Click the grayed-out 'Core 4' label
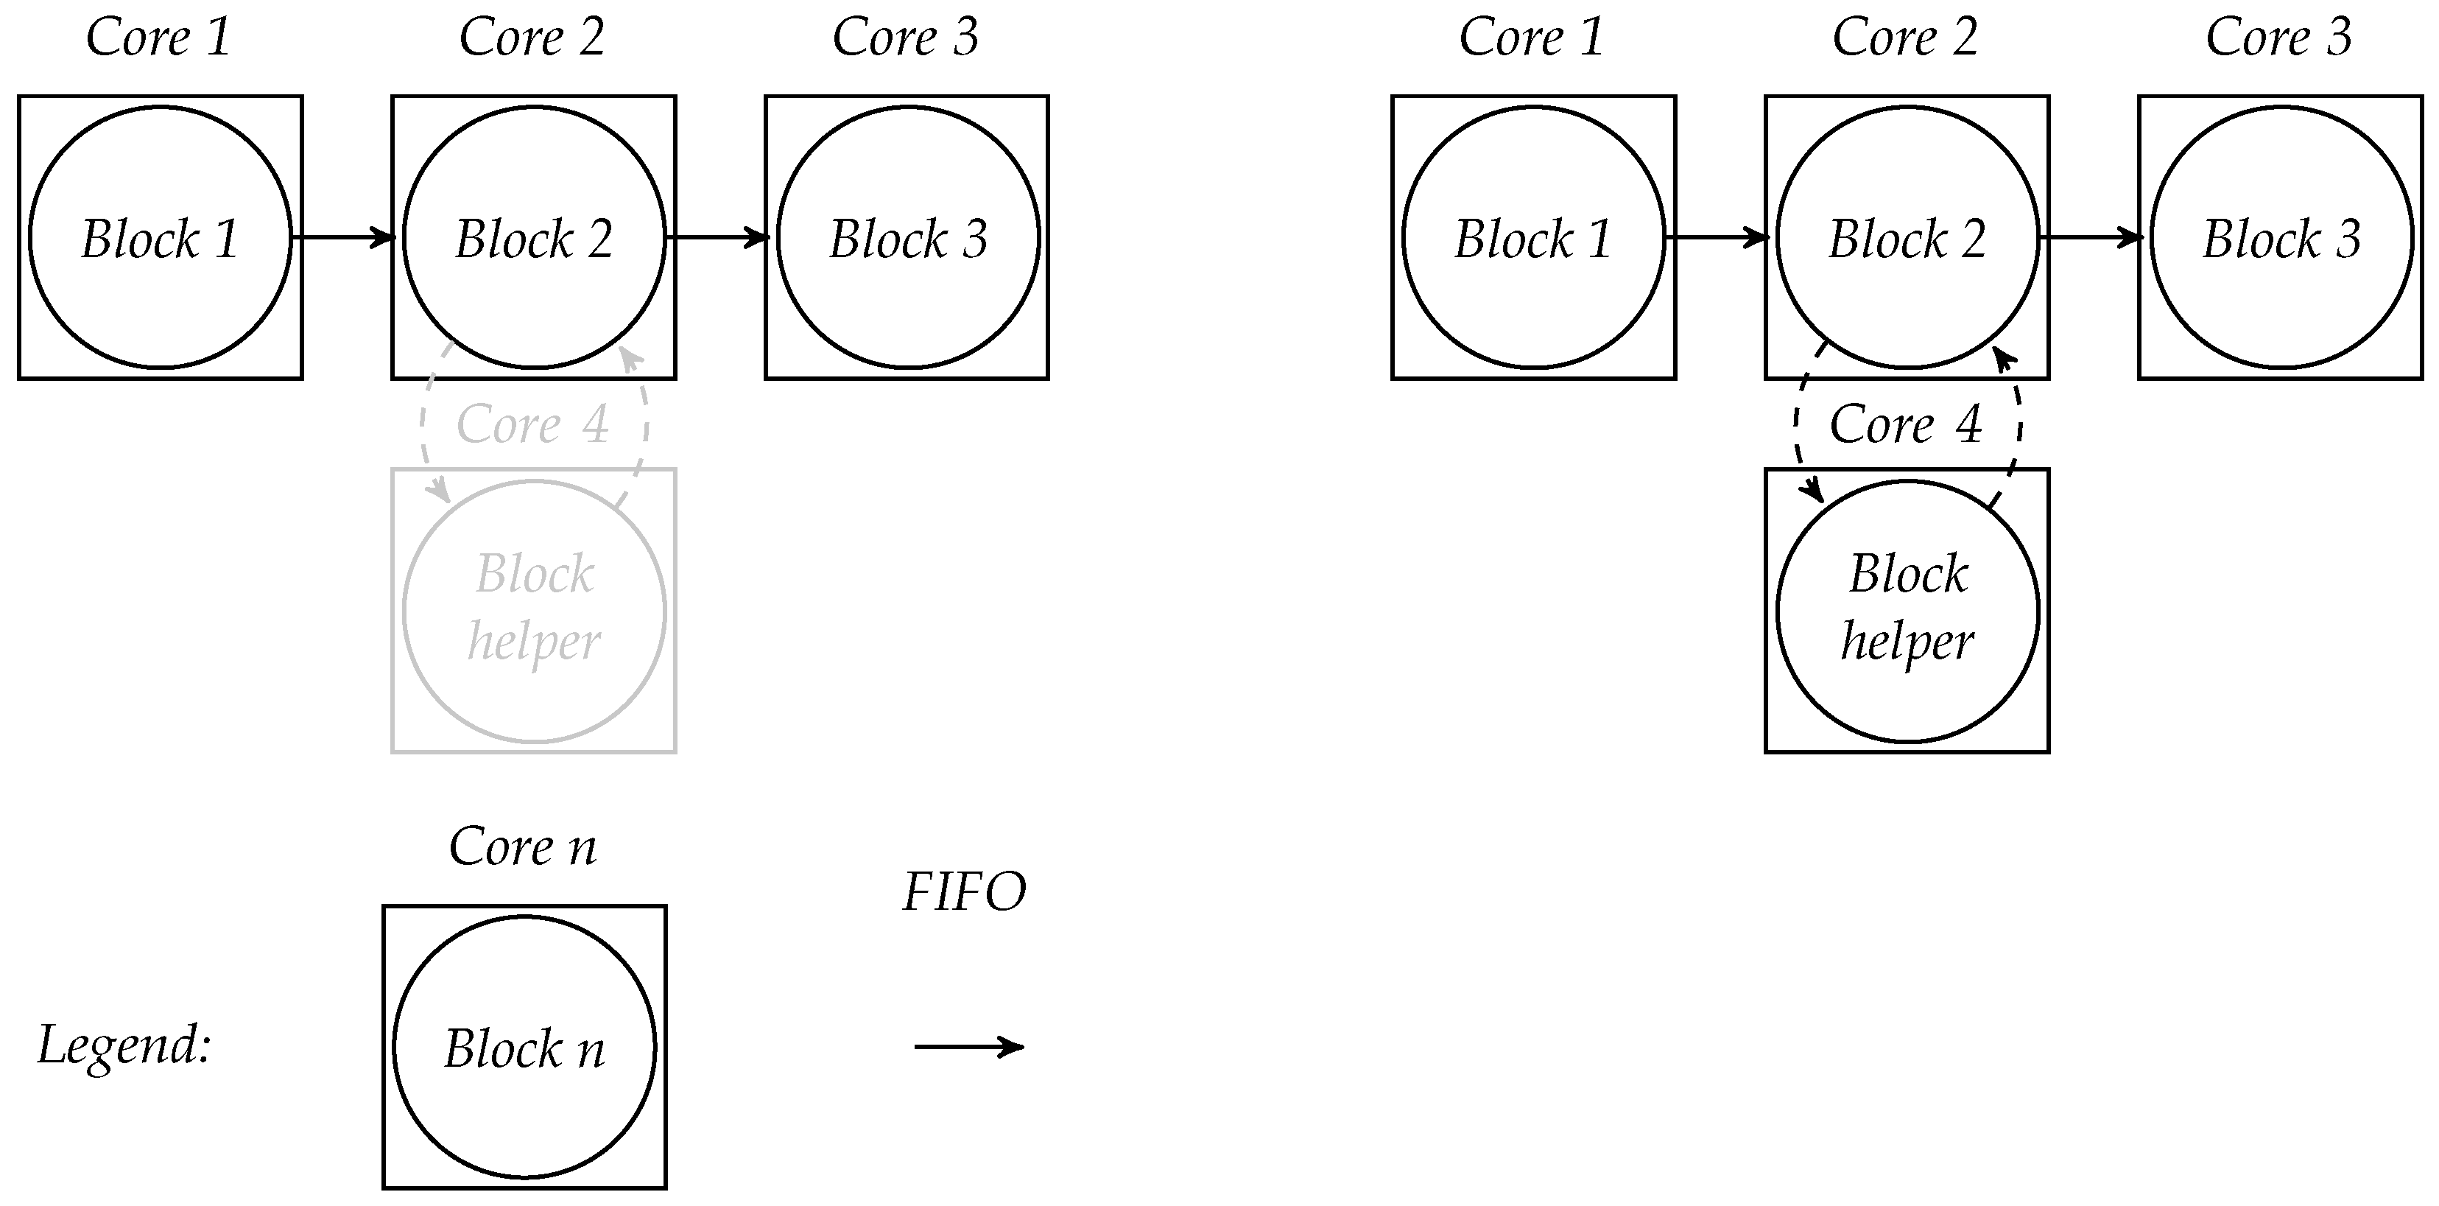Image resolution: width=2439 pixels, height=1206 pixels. tap(532, 424)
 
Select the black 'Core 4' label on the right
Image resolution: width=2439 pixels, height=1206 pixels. tap(1905, 424)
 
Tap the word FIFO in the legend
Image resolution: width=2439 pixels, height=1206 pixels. tap(964, 891)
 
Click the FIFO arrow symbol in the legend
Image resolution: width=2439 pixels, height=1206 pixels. tap(968, 1047)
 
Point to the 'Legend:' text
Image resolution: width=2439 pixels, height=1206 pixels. tap(124, 1045)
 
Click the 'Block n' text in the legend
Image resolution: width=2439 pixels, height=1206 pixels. tap(524, 1049)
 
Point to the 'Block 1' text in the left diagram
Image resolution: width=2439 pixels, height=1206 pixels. tap(159, 238)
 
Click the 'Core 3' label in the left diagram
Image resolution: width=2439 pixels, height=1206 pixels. tap(905, 38)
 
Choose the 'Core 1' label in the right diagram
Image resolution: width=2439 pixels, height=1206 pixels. tap(1531, 38)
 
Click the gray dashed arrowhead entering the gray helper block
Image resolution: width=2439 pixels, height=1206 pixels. tap(440, 491)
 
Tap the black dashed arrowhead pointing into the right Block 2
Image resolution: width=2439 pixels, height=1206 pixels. tap(2002, 360)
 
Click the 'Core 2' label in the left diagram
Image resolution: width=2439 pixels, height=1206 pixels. tap(532, 38)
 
